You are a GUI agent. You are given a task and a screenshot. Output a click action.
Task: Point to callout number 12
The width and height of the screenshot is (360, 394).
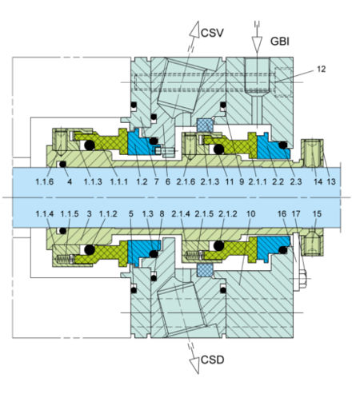[321, 70]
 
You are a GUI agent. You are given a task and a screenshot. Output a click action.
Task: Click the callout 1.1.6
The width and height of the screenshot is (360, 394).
[46, 183]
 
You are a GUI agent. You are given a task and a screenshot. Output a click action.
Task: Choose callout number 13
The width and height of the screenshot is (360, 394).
[331, 183]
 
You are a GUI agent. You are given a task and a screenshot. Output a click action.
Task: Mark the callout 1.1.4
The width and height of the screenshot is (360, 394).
[46, 214]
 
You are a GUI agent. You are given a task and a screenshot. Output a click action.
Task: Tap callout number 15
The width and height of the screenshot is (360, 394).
[318, 214]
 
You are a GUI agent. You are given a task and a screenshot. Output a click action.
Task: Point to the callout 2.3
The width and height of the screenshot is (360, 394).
[296, 183]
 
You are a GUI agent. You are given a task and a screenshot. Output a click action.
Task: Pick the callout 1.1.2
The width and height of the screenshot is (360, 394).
[110, 214]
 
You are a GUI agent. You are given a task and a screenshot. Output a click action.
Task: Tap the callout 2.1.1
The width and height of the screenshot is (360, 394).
[257, 183]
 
